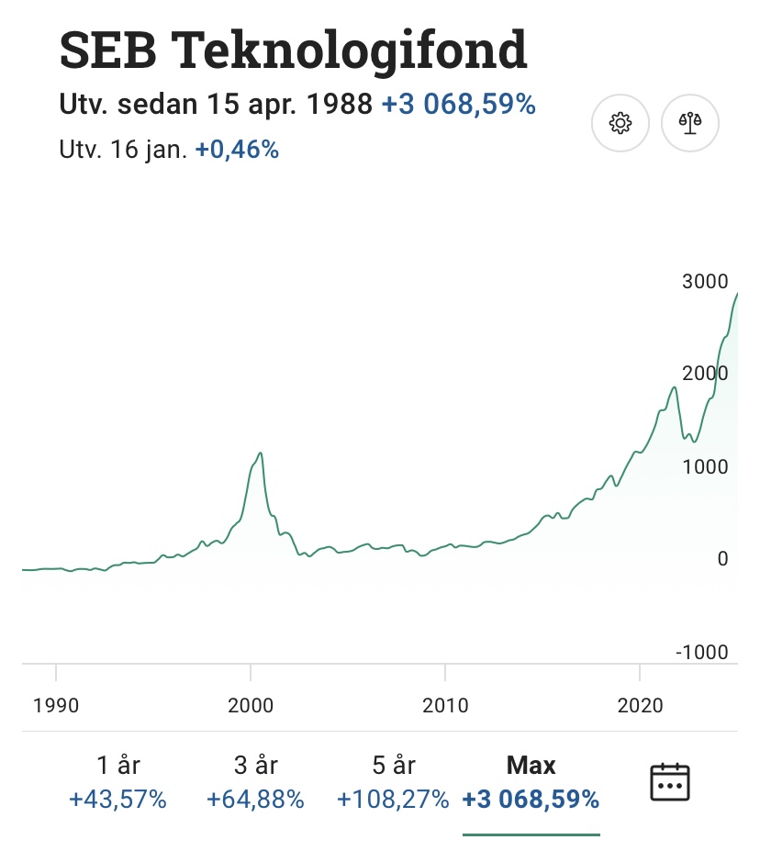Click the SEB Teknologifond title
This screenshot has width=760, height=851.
point(293,50)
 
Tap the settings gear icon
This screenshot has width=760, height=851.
point(620,122)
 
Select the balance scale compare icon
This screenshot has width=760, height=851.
point(690,122)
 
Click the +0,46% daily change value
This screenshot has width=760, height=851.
point(237,149)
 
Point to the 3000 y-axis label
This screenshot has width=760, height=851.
point(704,282)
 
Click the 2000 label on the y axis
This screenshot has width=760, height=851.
point(704,374)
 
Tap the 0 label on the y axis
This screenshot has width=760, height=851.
point(722,558)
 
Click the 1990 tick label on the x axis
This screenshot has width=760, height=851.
point(56,705)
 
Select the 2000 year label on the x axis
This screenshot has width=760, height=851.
point(251,705)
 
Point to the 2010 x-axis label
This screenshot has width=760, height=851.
point(445,705)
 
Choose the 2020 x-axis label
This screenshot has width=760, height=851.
point(640,705)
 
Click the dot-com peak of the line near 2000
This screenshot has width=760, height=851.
point(261,453)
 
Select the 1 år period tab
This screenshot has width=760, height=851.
point(118,765)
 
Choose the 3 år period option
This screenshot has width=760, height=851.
point(255,765)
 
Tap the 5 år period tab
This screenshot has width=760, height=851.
point(393,765)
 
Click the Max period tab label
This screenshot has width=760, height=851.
point(531,765)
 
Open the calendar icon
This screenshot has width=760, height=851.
point(669,782)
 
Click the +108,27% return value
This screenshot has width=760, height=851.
point(393,800)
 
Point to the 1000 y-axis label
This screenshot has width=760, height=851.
point(704,466)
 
